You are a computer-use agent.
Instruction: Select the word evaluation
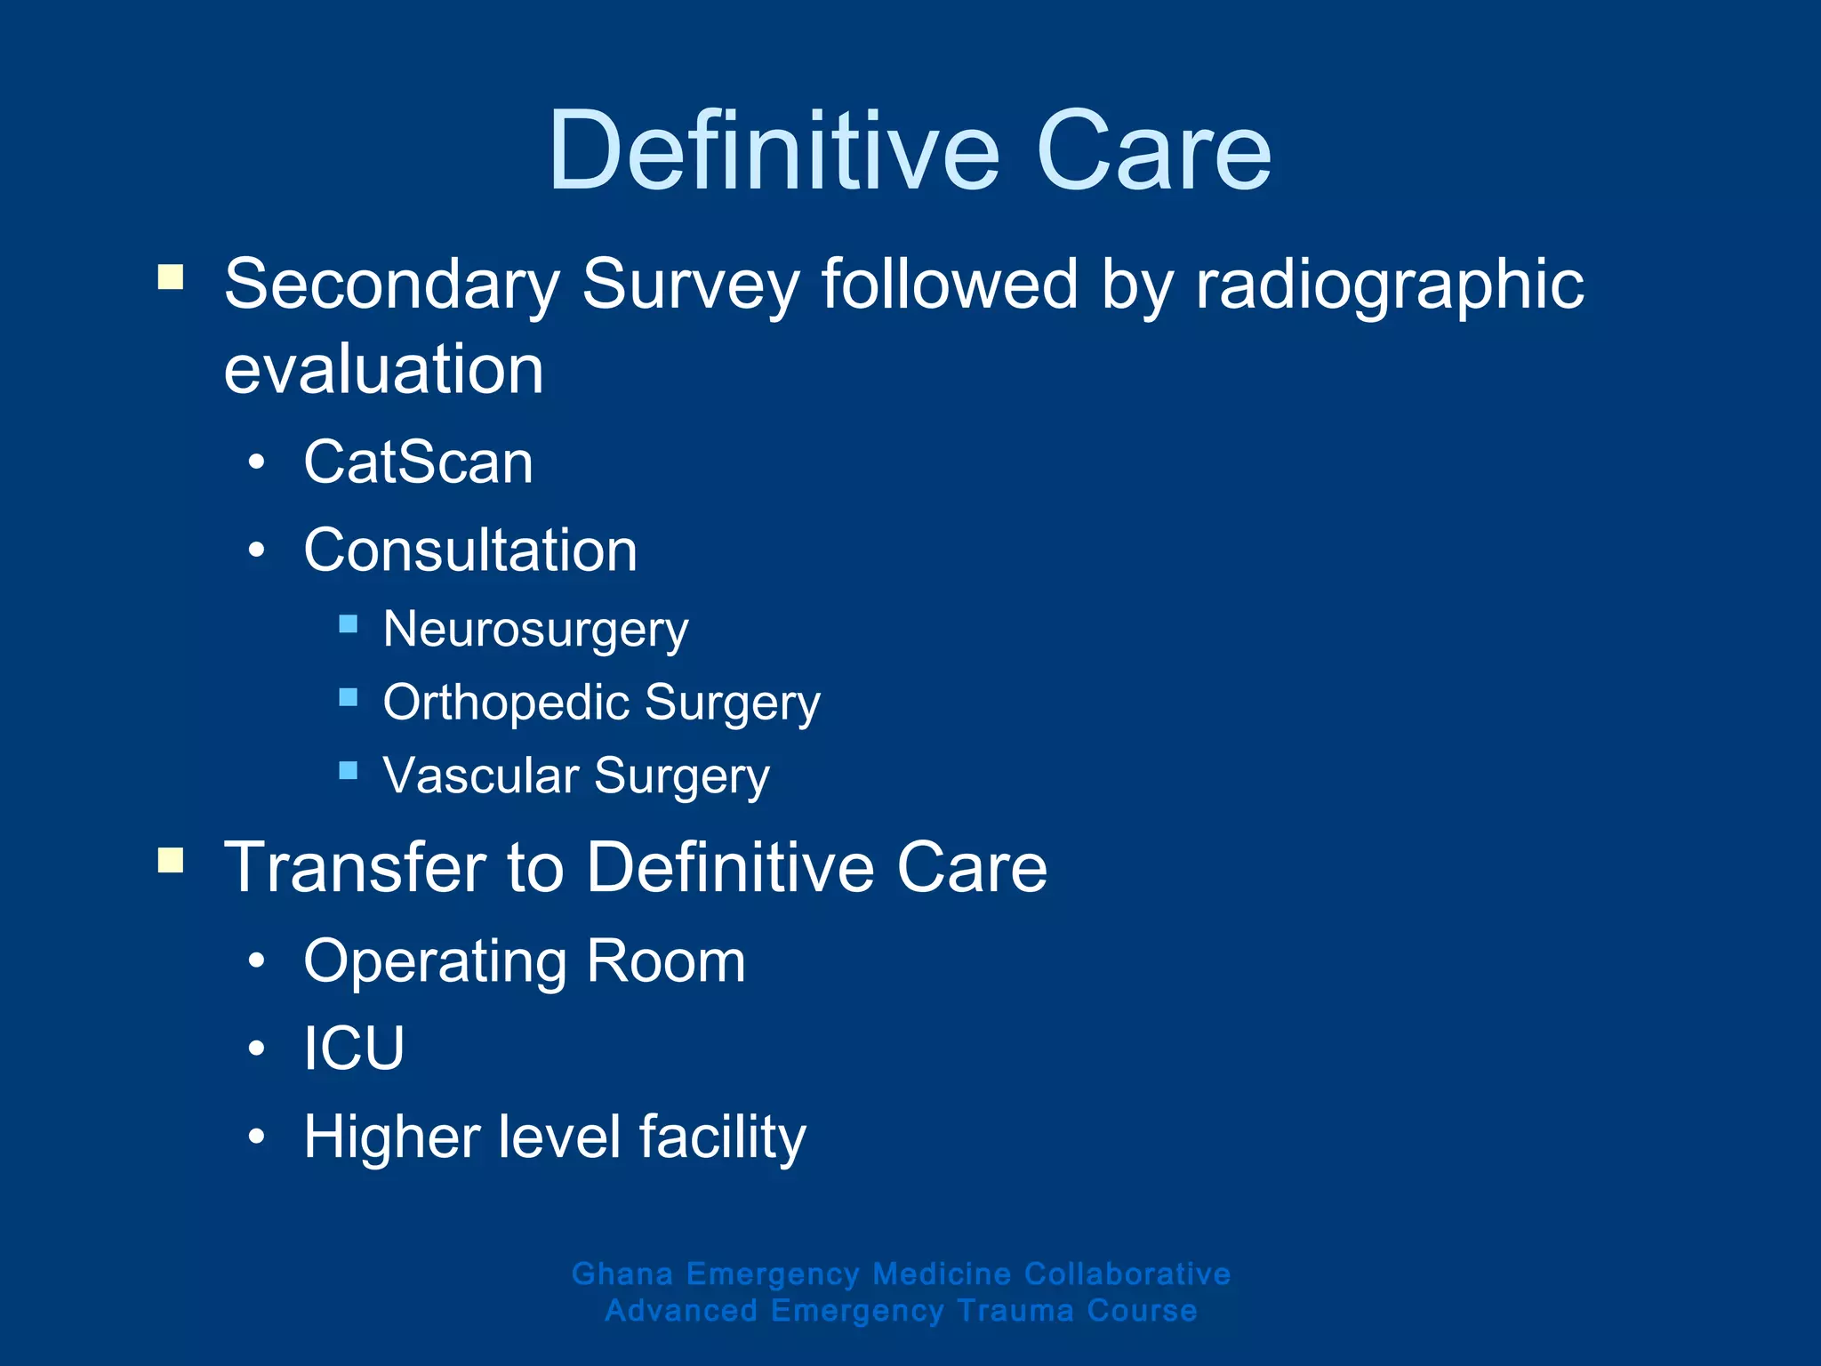tap(383, 370)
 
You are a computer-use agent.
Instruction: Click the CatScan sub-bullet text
tap(418, 462)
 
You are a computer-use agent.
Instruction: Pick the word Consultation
tap(470, 550)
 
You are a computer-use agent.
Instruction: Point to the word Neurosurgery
tap(535, 631)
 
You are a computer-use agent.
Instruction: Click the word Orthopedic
tap(506, 703)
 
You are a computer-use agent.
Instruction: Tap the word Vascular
tap(480, 775)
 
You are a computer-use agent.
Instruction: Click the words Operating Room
tap(525, 961)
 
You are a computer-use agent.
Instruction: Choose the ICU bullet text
tap(354, 1049)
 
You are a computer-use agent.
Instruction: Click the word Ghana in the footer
tap(622, 1274)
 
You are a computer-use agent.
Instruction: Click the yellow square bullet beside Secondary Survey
tap(171, 277)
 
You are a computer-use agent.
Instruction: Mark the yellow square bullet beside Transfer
tap(171, 860)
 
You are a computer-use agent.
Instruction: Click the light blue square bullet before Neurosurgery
tap(349, 623)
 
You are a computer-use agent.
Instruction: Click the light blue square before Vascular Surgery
tap(349, 769)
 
